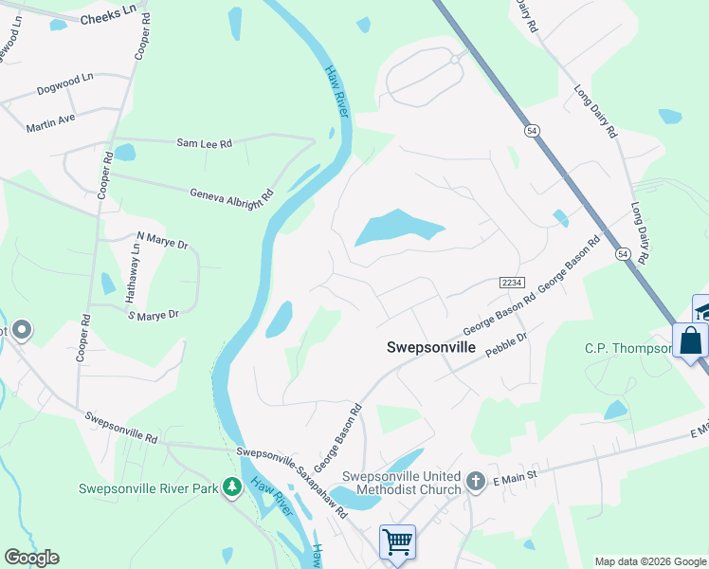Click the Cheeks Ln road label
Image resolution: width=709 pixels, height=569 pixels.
pyautogui.click(x=108, y=19)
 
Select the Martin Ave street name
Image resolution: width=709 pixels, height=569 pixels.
pyautogui.click(x=50, y=121)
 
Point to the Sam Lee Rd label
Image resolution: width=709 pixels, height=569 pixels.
pyautogui.click(x=204, y=143)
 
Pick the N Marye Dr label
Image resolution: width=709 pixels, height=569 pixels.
pyautogui.click(x=163, y=241)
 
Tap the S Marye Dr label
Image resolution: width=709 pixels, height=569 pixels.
pyautogui.click(x=153, y=314)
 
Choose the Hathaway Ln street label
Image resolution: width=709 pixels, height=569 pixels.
pyautogui.click(x=134, y=274)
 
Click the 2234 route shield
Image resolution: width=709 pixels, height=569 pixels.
pyautogui.click(x=512, y=284)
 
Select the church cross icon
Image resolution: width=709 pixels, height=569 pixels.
pyautogui.click(x=477, y=483)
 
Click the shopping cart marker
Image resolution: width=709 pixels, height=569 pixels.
pyautogui.click(x=398, y=542)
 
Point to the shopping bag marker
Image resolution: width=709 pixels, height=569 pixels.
pyautogui.click(x=690, y=340)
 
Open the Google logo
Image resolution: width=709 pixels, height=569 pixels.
pyautogui.click(x=31, y=558)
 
